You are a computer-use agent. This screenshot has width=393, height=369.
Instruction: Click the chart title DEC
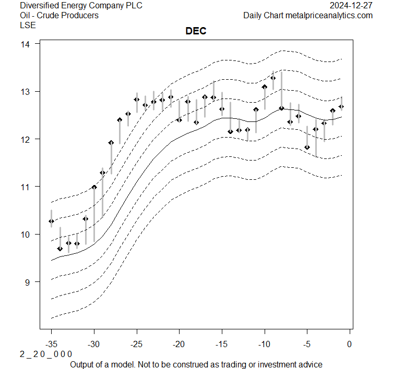pos(196,31)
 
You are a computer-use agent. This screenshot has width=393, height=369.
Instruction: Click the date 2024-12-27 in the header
pos(351,6)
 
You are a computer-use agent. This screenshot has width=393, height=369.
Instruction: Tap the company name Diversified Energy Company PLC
pos(81,6)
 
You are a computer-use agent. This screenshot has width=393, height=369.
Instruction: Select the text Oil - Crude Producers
pos(59,15)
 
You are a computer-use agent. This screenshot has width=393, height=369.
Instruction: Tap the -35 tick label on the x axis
pos(51,343)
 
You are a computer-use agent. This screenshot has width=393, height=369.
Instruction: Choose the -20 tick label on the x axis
pos(179,343)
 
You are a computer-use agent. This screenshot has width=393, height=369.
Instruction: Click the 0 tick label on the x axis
pos(349,343)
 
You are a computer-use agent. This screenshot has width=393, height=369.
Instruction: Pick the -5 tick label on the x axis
pos(307,343)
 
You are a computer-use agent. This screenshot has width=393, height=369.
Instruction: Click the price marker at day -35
pos(51,222)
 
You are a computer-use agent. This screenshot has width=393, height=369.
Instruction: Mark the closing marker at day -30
pos(94,187)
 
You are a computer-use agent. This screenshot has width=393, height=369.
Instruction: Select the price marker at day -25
pos(137,100)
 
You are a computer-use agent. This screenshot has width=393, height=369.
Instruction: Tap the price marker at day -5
pos(307,147)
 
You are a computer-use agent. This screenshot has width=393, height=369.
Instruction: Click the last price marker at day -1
pos(341,107)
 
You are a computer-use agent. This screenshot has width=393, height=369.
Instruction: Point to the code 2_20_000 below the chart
pos(46,354)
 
